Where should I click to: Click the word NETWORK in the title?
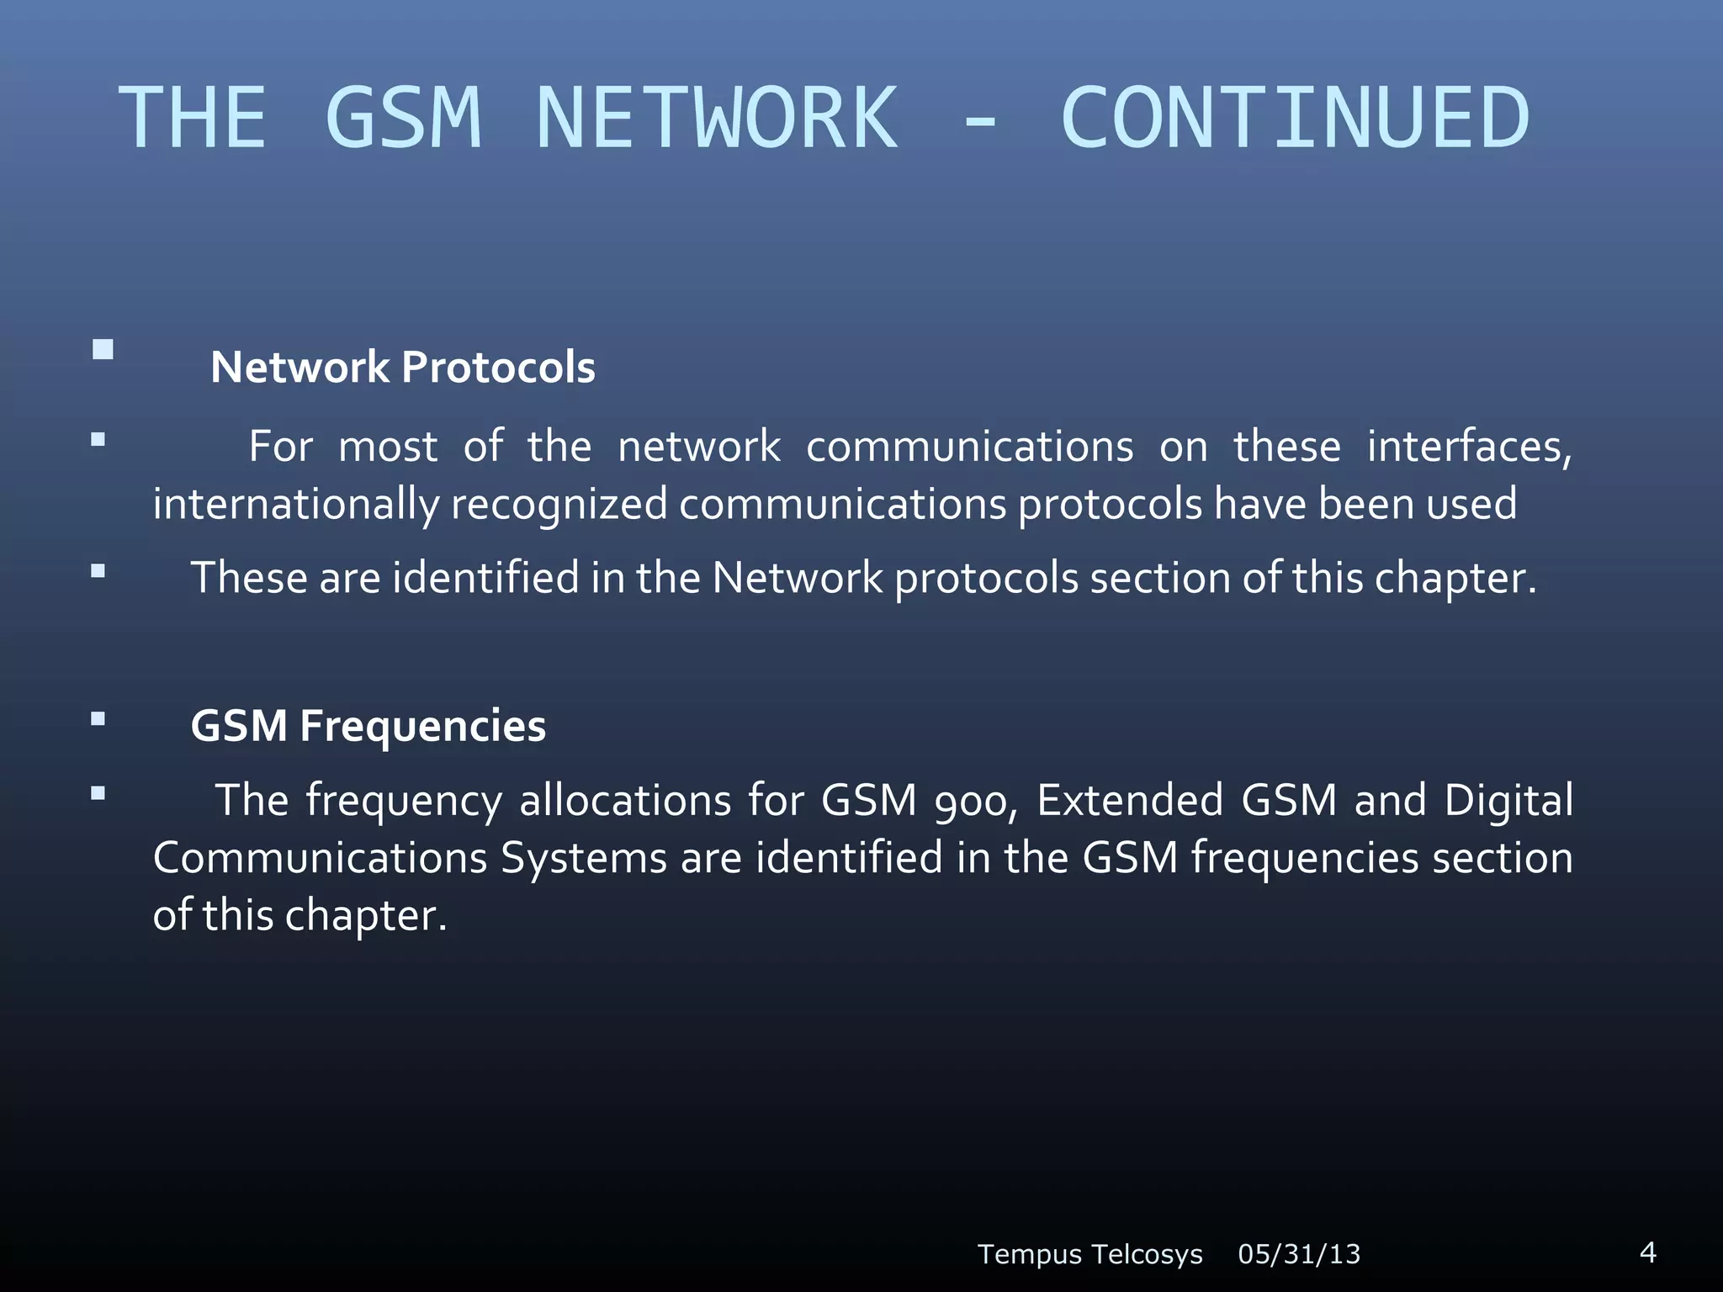click(x=717, y=119)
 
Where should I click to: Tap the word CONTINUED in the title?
click(x=1295, y=119)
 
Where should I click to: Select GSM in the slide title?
click(x=403, y=119)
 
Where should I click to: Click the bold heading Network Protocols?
click(x=403, y=368)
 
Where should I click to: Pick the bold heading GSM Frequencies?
click(x=368, y=726)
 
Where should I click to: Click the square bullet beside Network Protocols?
click(x=103, y=350)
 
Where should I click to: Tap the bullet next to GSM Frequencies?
click(x=98, y=718)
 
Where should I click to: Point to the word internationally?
click(x=295, y=505)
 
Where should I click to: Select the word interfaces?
click(x=1469, y=447)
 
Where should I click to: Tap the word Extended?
click(x=1129, y=801)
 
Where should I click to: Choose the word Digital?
click(x=1508, y=801)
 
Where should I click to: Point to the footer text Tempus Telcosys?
click(x=1089, y=1254)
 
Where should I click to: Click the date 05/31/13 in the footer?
click(x=1299, y=1254)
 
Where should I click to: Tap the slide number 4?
click(x=1648, y=1252)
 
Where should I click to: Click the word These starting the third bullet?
click(x=250, y=579)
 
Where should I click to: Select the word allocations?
click(x=625, y=801)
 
